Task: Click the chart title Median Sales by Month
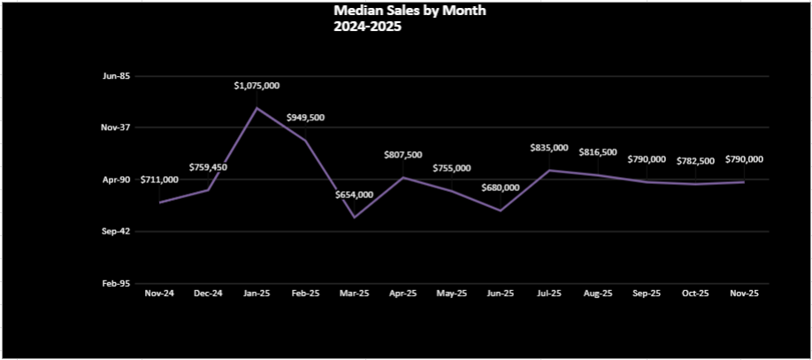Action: tap(410, 11)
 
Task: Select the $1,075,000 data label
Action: tap(257, 86)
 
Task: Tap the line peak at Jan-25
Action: tap(257, 108)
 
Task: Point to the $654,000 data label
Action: tap(354, 195)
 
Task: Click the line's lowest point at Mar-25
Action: tap(355, 218)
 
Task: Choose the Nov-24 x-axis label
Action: tap(159, 293)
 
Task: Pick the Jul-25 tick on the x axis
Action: tap(549, 293)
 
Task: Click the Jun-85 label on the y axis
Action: tap(117, 76)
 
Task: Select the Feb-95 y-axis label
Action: tap(117, 283)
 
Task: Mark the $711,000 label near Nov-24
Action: tap(159, 180)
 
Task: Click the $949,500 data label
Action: tap(305, 118)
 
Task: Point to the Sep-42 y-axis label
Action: tap(117, 231)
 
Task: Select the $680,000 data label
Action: tap(500, 188)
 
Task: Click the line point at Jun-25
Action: tap(501, 211)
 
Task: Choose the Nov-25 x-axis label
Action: tap(744, 293)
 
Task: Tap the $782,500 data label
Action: tap(695, 161)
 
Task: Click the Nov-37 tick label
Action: tap(117, 127)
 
